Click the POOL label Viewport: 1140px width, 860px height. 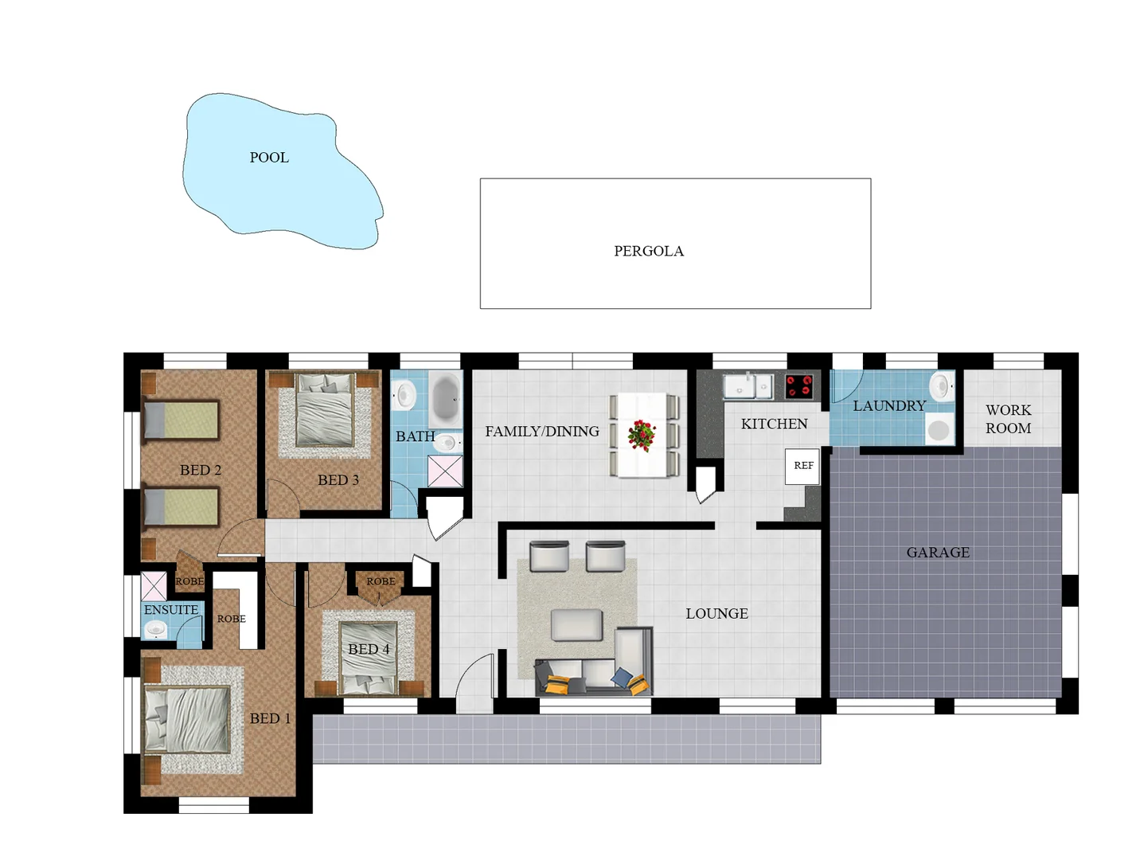coord(269,158)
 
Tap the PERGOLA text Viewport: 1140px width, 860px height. coord(648,251)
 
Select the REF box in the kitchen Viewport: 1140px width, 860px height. coord(802,466)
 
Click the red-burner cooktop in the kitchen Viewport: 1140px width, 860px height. coord(799,386)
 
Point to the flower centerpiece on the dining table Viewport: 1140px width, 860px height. coord(642,436)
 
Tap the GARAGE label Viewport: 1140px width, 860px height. coord(938,553)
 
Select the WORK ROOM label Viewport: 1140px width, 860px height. coord(1008,419)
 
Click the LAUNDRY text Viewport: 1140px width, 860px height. coord(888,406)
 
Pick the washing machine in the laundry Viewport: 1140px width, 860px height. coord(939,430)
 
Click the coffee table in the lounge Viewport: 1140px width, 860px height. coord(576,625)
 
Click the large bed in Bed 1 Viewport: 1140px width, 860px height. coord(188,719)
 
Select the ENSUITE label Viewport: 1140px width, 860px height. coord(171,610)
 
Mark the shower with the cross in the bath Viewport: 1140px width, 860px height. coord(445,471)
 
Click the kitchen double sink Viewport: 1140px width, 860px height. coord(748,387)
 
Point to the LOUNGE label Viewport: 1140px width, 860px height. coord(716,614)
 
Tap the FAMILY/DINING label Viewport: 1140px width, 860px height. coord(542,432)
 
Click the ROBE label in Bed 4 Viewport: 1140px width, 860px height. coord(381,582)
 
